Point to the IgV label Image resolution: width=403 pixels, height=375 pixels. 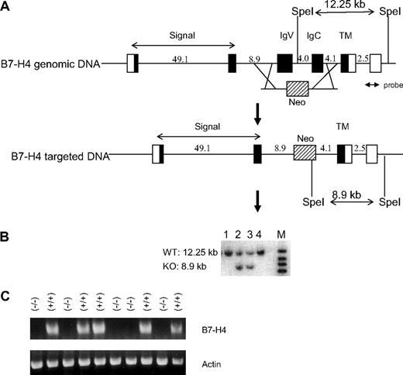[285, 36]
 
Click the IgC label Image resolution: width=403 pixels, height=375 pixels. [314, 36]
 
